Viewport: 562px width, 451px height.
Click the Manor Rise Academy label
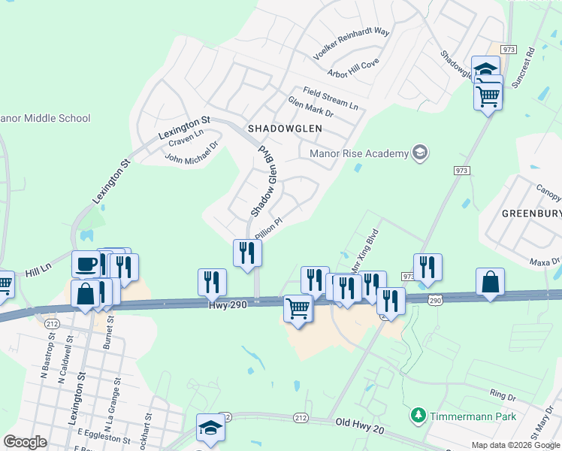click(358, 153)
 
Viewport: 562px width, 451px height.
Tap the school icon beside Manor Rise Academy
click(420, 153)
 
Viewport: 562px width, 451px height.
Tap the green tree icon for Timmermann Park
click(418, 415)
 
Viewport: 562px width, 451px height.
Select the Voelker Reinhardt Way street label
click(352, 44)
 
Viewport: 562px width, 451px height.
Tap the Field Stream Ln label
click(331, 98)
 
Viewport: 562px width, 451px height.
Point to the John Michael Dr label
click(191, 153)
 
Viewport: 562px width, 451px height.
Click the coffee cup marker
click(86, 265)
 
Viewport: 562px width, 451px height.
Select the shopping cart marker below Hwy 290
click(298, 308)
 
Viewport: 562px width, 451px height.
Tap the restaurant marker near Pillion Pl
click(246, 253)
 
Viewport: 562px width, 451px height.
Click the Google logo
click(26, 442)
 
